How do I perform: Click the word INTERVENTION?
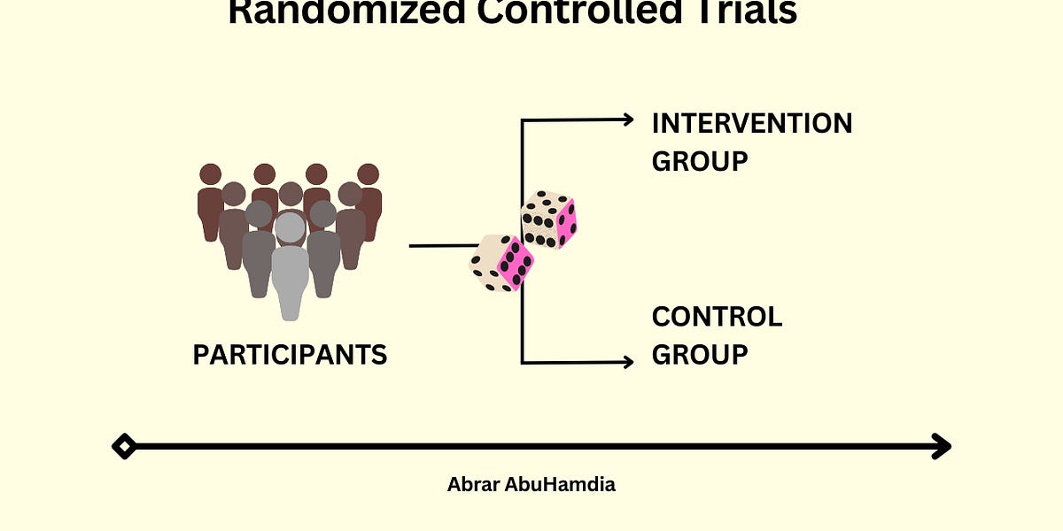(751, 123)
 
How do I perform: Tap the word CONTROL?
(717, 317)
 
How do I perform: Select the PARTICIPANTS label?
(290, 355)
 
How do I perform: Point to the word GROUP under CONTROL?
(700, 355)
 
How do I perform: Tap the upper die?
(549, 219)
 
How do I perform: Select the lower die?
(501, 262)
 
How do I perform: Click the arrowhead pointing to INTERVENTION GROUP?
(628, 119)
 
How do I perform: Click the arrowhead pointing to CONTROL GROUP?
(628, 361)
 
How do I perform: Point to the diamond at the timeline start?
(124, 446)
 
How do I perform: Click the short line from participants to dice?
(441, 245)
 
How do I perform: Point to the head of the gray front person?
(290, 227)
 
